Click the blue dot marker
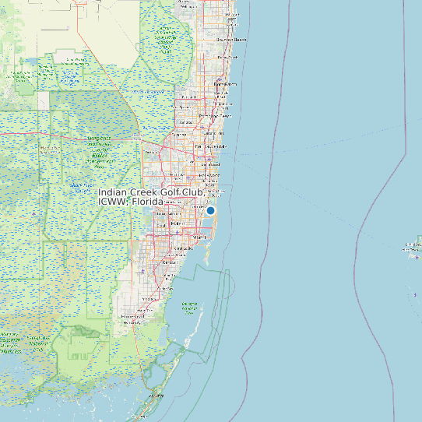[x=210, y=210]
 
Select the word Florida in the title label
[x=147, y=202]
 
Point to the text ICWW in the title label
[x=112, y=202]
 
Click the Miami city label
[x=200, y=236]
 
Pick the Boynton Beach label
[x=231, y=39]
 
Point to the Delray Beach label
[x=227, y=57]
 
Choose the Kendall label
[x=168, y=263]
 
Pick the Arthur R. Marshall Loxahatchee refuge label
[x=166, y=34]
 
